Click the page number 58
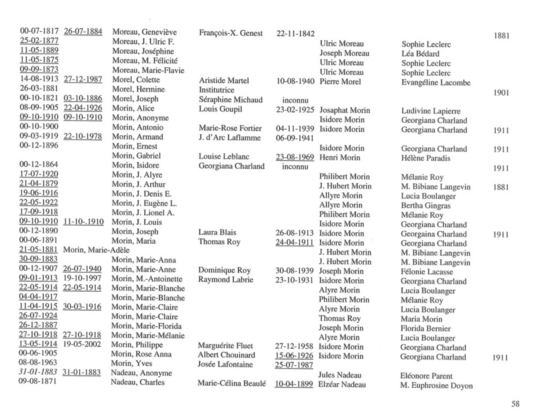[x=515, y=404]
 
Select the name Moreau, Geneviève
[x=144, y=32]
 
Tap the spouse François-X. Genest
[x=231, y=33]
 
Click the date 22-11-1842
[x=295, y=34]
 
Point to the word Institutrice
[x=216, y=90]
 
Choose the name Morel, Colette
[x=136, y=80]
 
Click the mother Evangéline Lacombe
[x=436, y=83]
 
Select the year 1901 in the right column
[x=501, y=93]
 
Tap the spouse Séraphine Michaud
[x=230, y=100]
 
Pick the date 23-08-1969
[x=295, y=157]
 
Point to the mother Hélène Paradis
[x=426, y=158]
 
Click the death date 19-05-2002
[x=82, y=344]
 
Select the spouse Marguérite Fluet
[x=225, y=346]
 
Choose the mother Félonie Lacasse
[x=427, y=272]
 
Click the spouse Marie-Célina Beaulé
[x=232, y=383]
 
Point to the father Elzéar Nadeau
[x=342, y=384]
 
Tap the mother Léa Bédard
[x=420, y=54]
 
